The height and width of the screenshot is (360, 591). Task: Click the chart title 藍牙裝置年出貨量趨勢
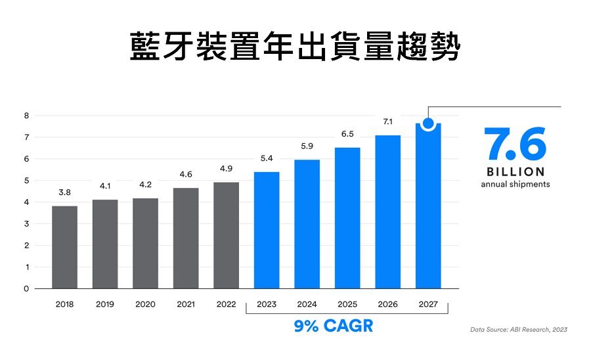[x=295, y=46]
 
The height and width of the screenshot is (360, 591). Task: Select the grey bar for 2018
[x=65, y=246]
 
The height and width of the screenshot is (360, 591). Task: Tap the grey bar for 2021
[x=186, y=238]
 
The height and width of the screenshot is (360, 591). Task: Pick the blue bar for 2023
[x=267, y=230]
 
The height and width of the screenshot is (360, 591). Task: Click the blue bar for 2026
[x=388, y=212]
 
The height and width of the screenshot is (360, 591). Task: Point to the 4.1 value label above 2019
[x=105, y=186]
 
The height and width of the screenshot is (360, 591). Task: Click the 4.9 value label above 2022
[x=226, y=169]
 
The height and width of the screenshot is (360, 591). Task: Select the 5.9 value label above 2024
[x=307, y=146]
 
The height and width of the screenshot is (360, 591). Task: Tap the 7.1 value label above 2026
[x=388, y=122]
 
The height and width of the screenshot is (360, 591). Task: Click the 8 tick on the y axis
[x=27, y=116]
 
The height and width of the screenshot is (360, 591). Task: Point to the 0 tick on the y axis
[x=27, y=288]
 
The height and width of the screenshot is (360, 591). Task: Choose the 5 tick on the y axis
[x=27, y=181]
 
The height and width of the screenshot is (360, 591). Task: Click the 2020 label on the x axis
[x=145, y=305]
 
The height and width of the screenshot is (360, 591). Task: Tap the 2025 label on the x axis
[x=347, y=305]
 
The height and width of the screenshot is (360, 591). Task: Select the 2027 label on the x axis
[x=429, y=305]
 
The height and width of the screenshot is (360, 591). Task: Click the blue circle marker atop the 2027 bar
[x=428, y=123]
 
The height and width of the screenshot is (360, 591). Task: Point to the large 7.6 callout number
[x=515, y=145]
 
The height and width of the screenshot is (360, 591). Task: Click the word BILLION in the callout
[x=515, y=171]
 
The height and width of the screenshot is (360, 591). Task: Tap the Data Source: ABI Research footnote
[x=518, y=329]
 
